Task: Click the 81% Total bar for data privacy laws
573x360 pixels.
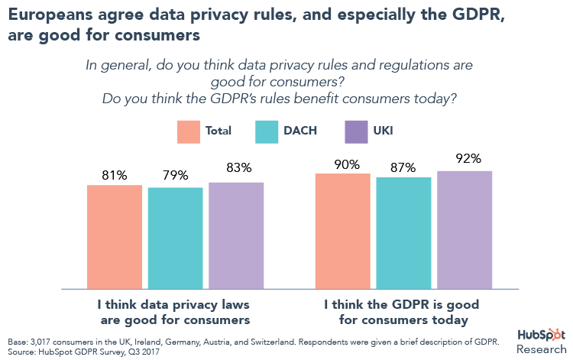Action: pyautogui.click(x=115, y=236)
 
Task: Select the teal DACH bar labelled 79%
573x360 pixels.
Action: pyautogui.click(x=175, y=238)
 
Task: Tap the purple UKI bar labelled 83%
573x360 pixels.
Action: pyautogui.click(x=235, y=235)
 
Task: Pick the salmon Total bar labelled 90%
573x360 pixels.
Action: pyautogui.click(x=342, y=231)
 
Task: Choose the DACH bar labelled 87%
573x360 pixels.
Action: pyautogui.click(x=403, y=233)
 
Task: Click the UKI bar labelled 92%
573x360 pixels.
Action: pyautogui.click(x=465, y=229)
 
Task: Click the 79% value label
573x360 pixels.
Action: pyautogui.click(x=175, y=175)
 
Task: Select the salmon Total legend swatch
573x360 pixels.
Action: pyautogui.click(x=187, y=131)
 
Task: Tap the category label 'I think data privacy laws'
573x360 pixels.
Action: pyautogui.click(x=176, y=304)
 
